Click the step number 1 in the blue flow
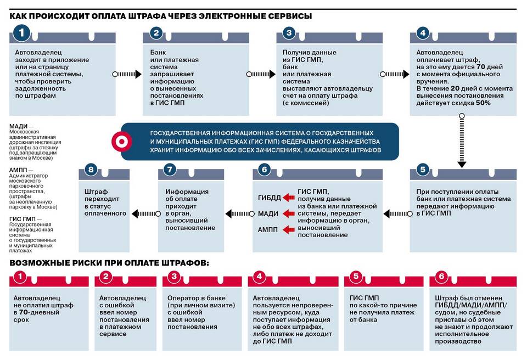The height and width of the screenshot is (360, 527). [21, 33]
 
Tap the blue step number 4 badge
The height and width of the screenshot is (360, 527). [422, 33]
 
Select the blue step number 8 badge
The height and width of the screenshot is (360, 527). [90, 170]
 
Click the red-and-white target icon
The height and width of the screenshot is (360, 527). [119, 142]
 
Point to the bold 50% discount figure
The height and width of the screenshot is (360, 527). [483, 103]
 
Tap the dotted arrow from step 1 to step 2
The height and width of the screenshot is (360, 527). [127, 74]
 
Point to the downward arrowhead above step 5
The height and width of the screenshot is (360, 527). [462, 163]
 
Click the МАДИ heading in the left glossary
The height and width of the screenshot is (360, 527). [19, 126]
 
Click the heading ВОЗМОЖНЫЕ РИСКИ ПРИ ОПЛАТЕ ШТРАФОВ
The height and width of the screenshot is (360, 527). [109, 263]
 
